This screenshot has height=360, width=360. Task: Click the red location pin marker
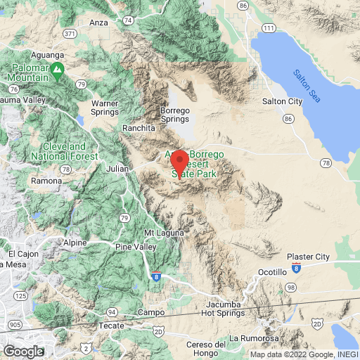[179, 164]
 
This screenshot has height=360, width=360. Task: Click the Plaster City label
[308, 257]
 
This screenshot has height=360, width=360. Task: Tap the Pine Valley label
[133, 247]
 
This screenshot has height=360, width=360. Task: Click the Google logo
[23, 351]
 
